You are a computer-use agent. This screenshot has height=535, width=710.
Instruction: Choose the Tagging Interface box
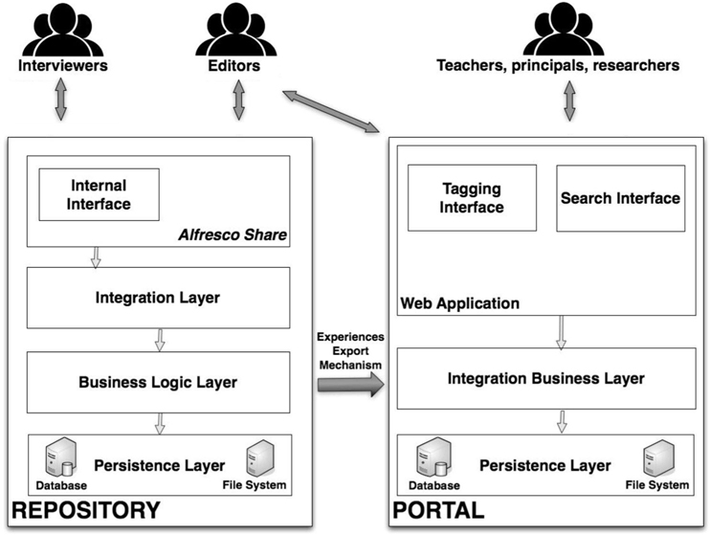472,199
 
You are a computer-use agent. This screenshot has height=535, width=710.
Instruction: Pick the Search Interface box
620,198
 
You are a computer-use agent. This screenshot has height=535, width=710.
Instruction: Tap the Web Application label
459,303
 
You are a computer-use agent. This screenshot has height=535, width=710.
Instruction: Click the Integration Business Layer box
545,378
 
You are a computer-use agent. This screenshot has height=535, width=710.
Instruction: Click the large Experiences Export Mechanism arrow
349,383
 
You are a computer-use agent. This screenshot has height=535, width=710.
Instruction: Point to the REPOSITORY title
85,511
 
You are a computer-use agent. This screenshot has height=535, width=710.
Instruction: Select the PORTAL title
438,511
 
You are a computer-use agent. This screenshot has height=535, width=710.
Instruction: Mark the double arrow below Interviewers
60,100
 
